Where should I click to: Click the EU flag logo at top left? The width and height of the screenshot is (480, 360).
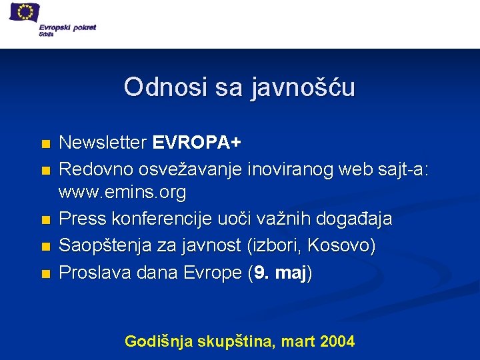pyautogui.click(x=25, y=13)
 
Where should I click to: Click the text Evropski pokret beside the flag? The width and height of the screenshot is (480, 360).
pyautogui.click(x=71, y=27)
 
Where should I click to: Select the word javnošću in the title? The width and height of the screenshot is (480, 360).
pyautogui.click(x=303, y=87)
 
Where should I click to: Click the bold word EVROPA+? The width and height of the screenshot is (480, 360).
pyautogui.click(x=197, y=143)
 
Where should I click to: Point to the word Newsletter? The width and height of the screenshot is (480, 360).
pyautogui.click(x=103, y=143)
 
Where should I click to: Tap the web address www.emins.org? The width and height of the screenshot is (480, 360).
pyautogui.click(x=122, y=194)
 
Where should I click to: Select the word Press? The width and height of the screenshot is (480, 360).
pyautogui.click(x=79, y=220)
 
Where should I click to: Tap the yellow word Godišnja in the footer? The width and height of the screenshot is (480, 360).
pyautogui.click(x=159, y=342)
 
